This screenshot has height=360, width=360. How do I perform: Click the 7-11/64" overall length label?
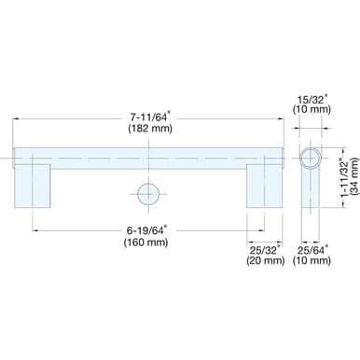coord(149,116)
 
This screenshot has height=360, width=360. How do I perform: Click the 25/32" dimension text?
coord(265,248)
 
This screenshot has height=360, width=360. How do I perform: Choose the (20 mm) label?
coord(265,261)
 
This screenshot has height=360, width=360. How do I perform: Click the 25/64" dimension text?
coord(312,248)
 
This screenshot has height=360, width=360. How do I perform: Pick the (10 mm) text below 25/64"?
coord(312,261)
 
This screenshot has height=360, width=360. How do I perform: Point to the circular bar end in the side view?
coord(312,155)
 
